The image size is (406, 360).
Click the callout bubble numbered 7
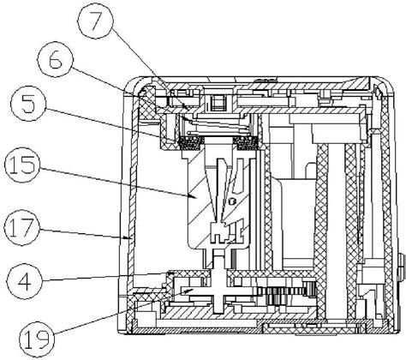(95, 20)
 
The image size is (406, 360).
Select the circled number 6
(56, 59)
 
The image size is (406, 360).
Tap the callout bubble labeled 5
(28, 103)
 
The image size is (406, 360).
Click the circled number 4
(24, 281)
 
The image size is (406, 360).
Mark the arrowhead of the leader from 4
(170, 273)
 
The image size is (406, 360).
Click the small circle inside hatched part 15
(232, 201)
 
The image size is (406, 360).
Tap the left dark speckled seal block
(189, 143)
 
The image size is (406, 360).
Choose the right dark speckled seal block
(246, 143)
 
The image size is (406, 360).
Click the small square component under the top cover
(218, 103)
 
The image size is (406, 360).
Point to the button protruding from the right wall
(403, 267)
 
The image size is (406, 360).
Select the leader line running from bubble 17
(84, 232)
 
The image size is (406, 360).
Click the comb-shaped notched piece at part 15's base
(219, 231)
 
